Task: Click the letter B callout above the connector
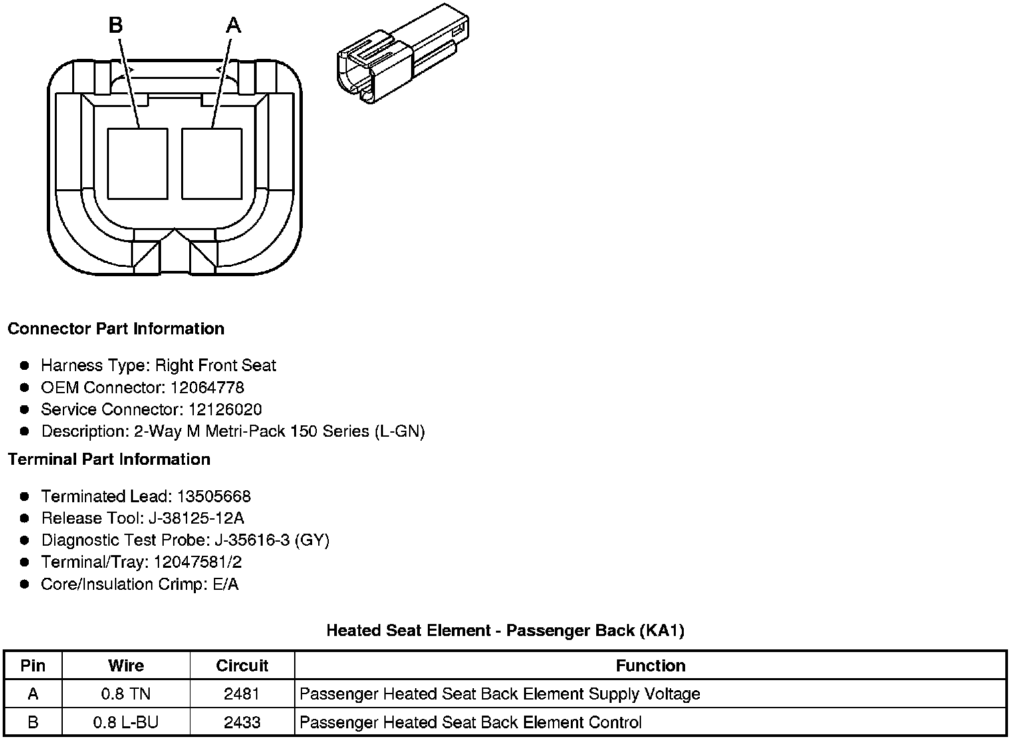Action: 116,25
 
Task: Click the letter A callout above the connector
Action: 233,25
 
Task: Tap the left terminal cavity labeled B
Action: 137,164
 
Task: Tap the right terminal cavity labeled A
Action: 211,164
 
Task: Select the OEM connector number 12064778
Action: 207,388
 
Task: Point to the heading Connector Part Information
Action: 116,329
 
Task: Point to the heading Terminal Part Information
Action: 109,459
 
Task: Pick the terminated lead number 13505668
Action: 214,497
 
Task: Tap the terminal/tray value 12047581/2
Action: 197,562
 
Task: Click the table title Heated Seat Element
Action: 505,631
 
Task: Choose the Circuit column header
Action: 242,666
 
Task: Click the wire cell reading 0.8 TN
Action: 126,694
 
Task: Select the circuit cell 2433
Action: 242,723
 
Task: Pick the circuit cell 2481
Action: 242,694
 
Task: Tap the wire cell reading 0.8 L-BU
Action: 126,723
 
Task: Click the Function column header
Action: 650,666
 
